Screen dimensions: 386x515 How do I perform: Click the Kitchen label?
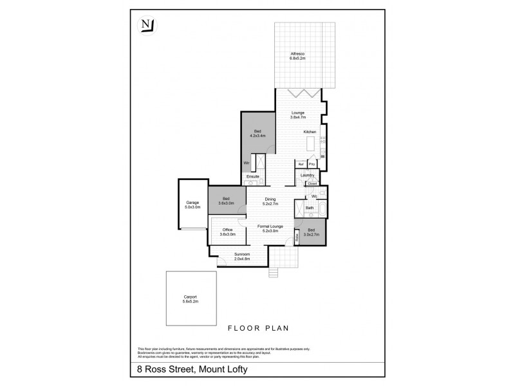click(310, 132)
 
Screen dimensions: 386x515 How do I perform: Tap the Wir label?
click(247, 163)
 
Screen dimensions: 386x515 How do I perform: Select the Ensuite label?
click(252, 176)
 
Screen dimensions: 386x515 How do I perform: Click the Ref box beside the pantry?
click(300, 163)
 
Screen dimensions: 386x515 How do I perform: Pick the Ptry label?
click(312, 163)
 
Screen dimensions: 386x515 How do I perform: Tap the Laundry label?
click(307, 175)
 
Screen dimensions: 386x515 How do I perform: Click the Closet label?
click(312, 184)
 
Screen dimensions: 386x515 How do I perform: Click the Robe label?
click(297, 238)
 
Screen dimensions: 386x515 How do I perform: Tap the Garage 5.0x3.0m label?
click(193, 206)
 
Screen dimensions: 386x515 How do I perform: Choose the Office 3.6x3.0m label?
click(227, 232)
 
